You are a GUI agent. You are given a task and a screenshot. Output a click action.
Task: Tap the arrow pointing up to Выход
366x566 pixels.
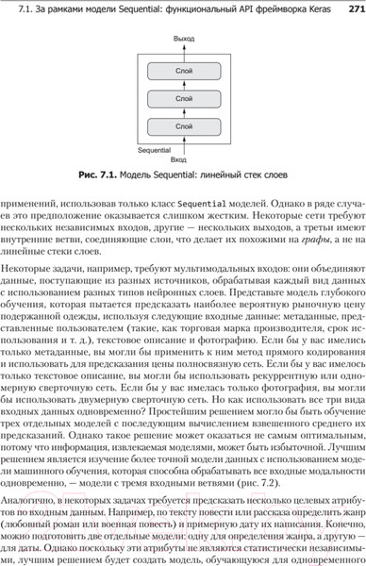click(182, 50)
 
